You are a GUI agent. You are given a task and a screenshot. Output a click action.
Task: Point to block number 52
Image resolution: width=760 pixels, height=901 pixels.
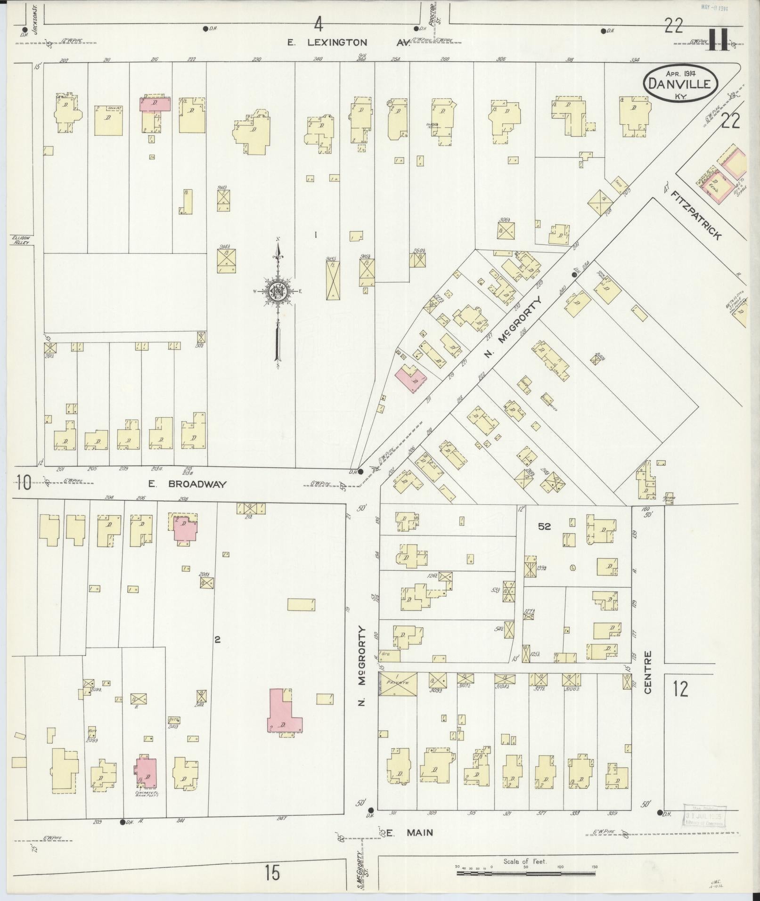[x=544, y=527]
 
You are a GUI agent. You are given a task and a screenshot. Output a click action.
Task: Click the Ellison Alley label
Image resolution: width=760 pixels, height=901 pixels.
[x=21, y=240]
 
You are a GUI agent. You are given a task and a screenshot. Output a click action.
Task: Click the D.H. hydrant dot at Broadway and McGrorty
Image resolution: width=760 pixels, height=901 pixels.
[x=360, y=471]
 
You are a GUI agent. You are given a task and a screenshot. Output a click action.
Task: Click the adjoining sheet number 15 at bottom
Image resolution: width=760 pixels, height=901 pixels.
[x=272, y=873]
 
